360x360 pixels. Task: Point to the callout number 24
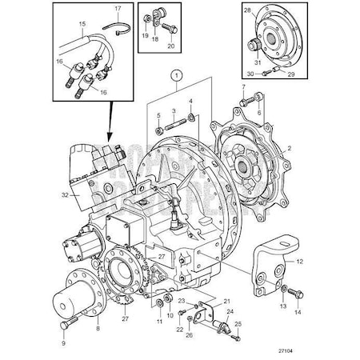230,312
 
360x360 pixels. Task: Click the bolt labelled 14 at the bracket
289,294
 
